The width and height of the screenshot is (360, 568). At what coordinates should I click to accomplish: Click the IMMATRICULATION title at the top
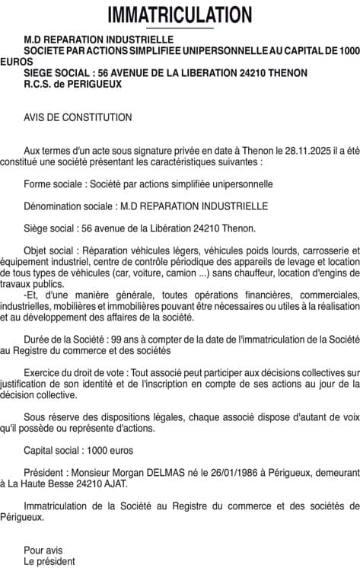click(x=180, y=14)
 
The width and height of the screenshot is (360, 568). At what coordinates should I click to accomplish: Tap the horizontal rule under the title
click(x=180, y=29)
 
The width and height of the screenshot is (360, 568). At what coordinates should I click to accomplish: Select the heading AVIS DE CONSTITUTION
click(x=78, y=117)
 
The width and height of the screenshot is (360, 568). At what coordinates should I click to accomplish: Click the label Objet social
click(x=49, y=250)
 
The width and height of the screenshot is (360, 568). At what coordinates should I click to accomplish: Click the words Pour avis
click(x=43, y=550)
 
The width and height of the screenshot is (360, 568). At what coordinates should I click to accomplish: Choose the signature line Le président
click(x=49, y=561)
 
